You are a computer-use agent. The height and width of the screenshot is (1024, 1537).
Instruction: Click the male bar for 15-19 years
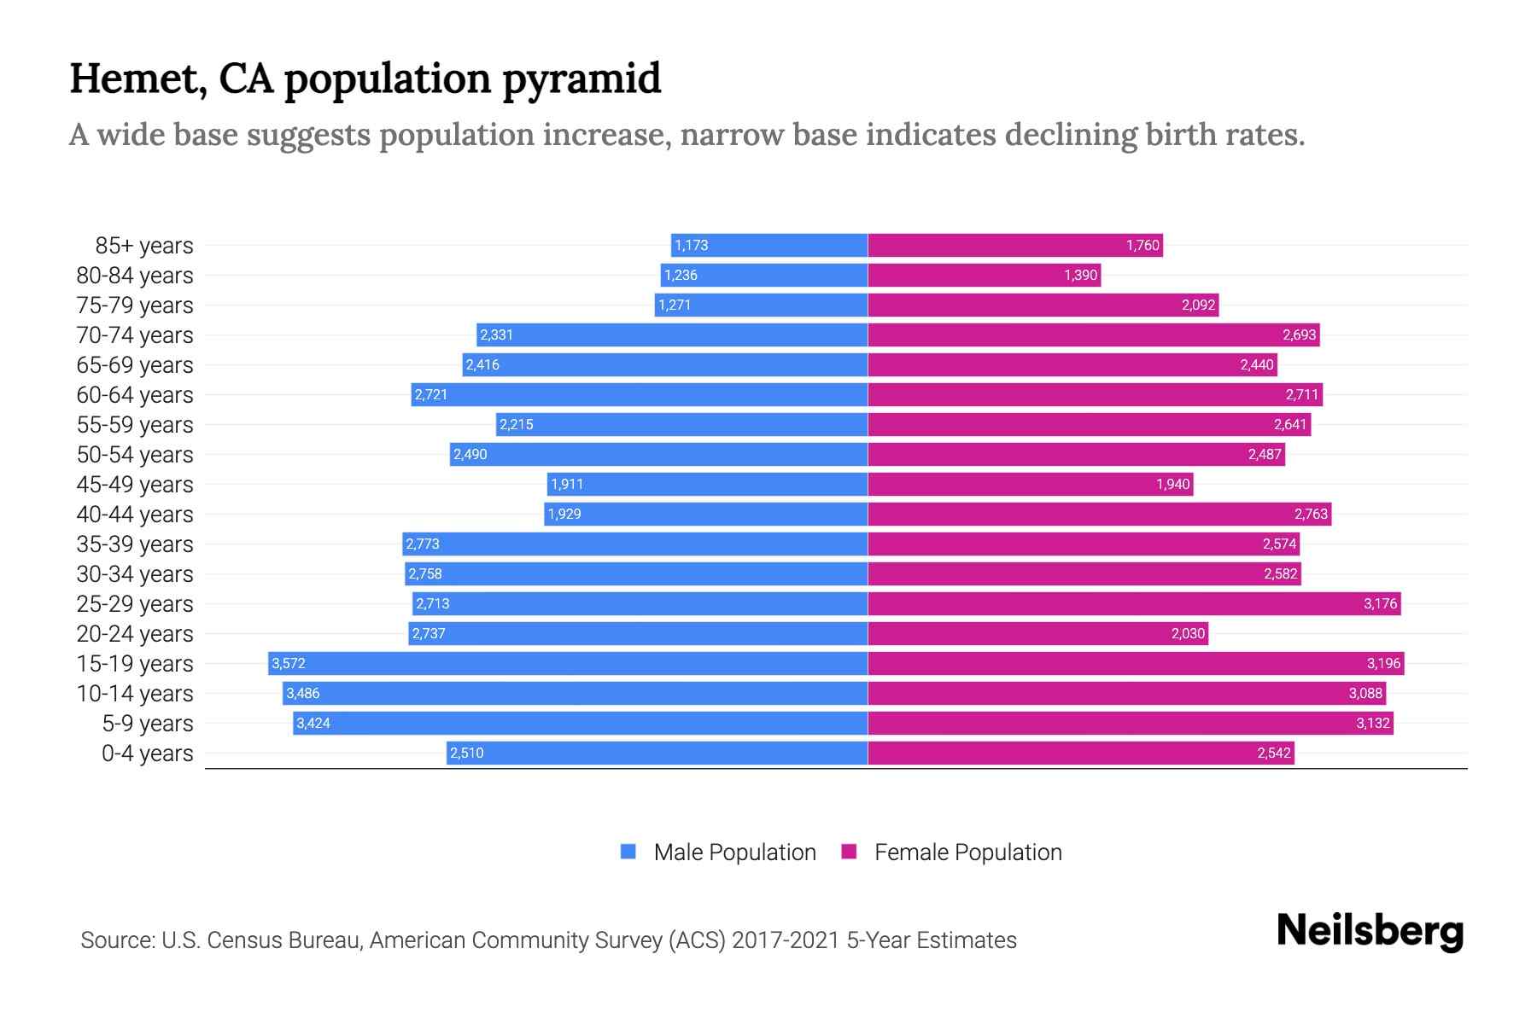point(568,663)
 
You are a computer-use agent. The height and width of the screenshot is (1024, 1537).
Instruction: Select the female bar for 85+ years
point(1015,245)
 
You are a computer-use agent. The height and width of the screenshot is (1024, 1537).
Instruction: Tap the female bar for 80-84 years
point(984,275)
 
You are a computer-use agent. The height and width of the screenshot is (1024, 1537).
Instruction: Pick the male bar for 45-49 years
point(707,484)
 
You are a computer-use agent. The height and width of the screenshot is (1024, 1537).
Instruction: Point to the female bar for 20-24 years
point(1037,633)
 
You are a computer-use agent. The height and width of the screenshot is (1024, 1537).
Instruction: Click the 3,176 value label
point(1380,603)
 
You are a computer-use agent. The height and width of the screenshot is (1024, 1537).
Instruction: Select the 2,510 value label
point(467,753)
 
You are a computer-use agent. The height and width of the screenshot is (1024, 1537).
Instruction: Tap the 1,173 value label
point(691,245)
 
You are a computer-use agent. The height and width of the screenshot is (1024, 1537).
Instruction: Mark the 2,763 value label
point(1311,514)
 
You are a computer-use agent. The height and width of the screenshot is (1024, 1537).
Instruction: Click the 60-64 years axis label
point(135,395)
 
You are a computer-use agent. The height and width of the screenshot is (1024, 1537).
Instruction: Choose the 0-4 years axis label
point(147,753)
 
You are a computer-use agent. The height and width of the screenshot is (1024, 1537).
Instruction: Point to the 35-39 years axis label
point(135,544)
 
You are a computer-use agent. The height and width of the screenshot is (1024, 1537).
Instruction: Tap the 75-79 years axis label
point(135,305)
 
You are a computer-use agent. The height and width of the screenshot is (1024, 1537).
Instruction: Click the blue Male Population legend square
point(628,852)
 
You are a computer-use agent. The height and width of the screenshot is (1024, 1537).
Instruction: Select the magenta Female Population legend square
point(849,852)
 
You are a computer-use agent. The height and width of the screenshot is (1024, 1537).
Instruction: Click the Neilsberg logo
point(1370,931)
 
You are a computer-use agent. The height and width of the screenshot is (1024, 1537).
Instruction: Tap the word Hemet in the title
point(137,79)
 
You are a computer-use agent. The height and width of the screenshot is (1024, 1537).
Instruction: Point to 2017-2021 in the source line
point(786,940)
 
